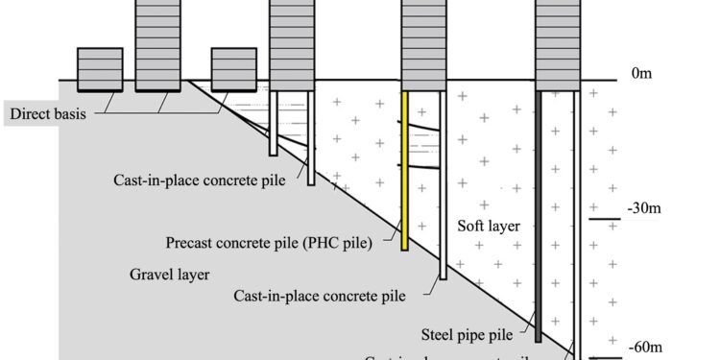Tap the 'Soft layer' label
(490, 228)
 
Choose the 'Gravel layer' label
(170, 274)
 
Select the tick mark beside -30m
(605, 220)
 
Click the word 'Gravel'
(150, 274)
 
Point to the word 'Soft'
(473, 228)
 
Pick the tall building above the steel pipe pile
(558, 43)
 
